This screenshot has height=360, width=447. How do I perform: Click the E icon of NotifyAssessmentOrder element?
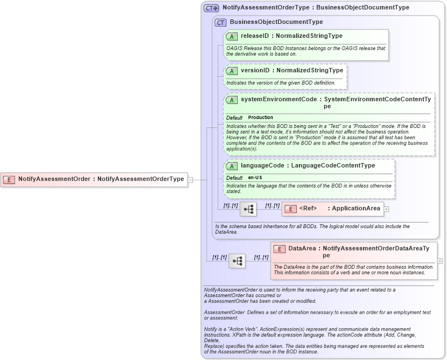(9, 179)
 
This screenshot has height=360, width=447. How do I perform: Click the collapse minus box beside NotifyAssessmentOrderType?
(190, 180)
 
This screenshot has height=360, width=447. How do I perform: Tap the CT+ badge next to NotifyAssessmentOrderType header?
(212, 8)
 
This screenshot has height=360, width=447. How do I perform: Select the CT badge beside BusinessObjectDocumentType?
(221, 23)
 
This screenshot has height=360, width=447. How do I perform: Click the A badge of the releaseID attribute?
(232, 36)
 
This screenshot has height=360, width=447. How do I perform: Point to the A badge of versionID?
(232, 71)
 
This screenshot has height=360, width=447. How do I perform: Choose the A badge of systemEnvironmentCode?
(232, 100)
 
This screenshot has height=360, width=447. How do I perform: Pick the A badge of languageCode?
(232, 166)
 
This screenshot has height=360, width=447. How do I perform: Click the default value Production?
(261, 117)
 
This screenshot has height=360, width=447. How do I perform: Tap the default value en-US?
(255, 177)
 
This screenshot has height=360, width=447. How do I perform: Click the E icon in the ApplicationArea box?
(290, 209)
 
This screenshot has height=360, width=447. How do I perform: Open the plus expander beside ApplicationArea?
(386, 209)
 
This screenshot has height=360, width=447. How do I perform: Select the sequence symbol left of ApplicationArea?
(248, 209)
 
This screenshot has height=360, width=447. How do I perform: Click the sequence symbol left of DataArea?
(237, 261)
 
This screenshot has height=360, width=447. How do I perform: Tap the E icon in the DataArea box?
(279, 249)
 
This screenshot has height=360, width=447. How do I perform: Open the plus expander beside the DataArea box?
(440, 261)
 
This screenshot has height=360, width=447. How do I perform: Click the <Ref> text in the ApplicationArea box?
(308, 209)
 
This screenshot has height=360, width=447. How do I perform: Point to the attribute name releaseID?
(255, 36)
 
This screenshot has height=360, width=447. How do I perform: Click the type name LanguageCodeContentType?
(332, 166)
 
